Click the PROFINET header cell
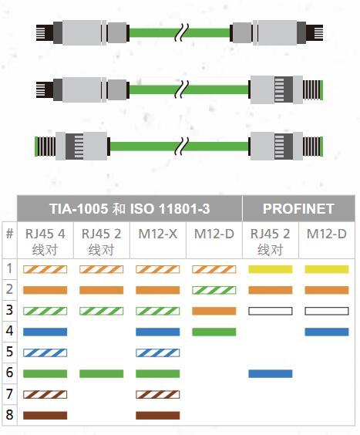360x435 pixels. tap(298, 208)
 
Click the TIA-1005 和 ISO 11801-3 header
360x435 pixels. tap(130, 208)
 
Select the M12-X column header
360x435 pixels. tap(157, 234)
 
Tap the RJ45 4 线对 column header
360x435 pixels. tap(45, 241)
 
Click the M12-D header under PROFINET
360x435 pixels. tap(326, 234)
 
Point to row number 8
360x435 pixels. tap(9, 415)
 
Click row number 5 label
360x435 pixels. tap(9, 352)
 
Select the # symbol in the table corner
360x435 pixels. tap(9, 234)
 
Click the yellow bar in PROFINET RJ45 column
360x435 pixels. tap(270, 269)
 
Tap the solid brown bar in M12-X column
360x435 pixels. tap(157, 415)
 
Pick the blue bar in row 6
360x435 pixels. tap(270, 374)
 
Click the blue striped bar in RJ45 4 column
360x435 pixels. tap(45, 353)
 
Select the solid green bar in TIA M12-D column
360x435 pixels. tap(214, 332)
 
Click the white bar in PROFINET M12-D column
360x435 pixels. tap(326, 311)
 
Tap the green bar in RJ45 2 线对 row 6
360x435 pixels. tap(101, 374)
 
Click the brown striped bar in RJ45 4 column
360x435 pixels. tap(45, 394)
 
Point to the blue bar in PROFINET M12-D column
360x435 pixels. tap(326, 332)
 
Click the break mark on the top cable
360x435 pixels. tap(182, 32)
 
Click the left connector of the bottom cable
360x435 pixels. tap(72, 146)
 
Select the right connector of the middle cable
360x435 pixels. tap(286, 89)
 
